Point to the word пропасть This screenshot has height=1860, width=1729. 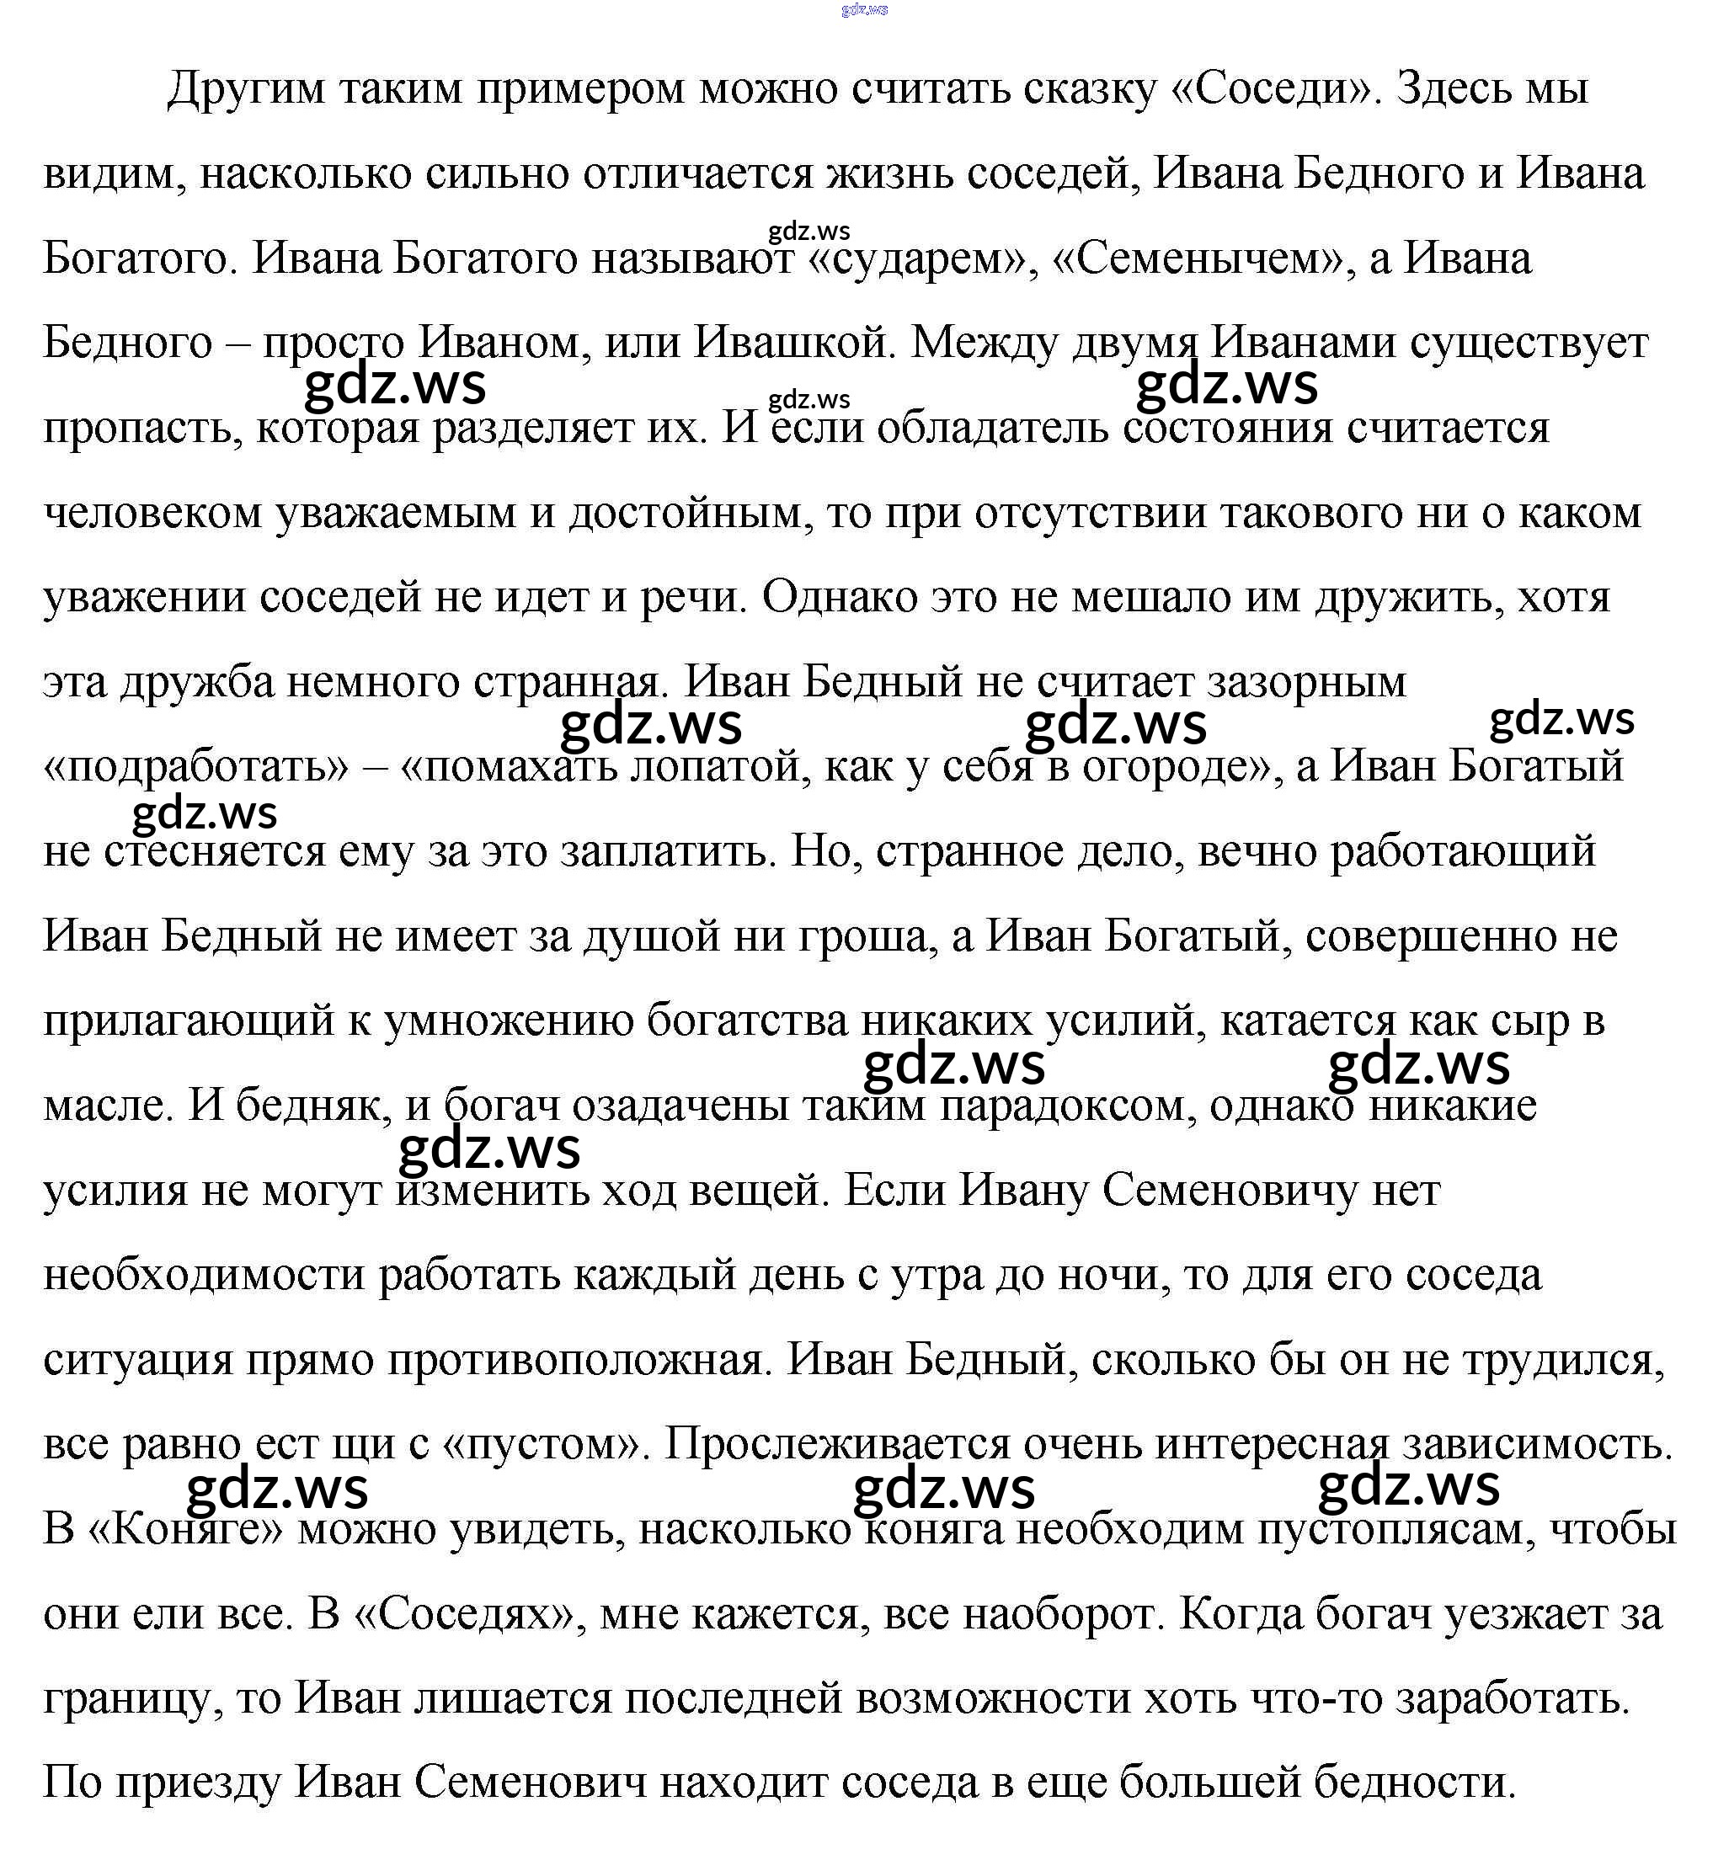pos(143,429)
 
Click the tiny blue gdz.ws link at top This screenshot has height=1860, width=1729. pos(863,9)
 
